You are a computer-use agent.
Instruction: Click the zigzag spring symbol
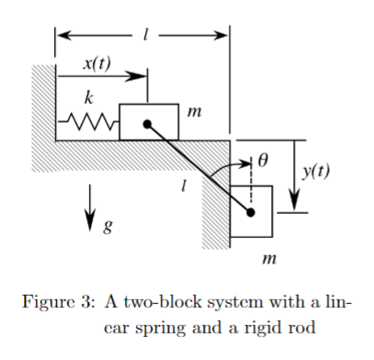click(x=88, y=121)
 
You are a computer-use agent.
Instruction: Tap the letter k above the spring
click(x=88, y=96)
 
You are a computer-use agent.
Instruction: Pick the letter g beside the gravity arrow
click(x=108, y=227)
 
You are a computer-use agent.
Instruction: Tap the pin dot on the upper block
click(x=148, y=121)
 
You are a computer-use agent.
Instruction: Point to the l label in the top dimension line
click(x=143, y=35)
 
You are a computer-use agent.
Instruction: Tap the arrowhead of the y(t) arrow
click(x=295, y=204)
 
